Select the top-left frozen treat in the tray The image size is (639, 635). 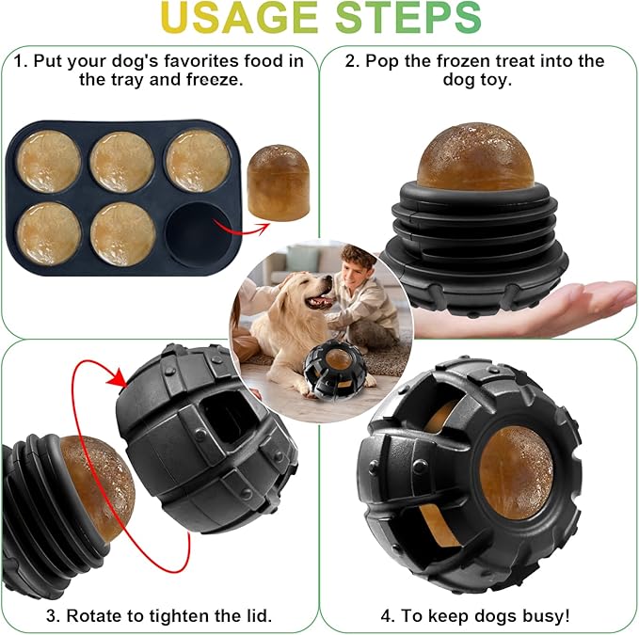coord(49,161)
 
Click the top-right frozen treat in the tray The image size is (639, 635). coord(196,160)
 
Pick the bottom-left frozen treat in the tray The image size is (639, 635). coord(49,232)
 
